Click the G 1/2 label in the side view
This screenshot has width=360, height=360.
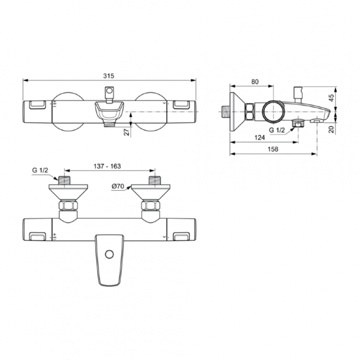277,130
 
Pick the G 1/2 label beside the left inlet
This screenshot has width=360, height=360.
40,170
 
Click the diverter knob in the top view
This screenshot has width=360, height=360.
109,91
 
